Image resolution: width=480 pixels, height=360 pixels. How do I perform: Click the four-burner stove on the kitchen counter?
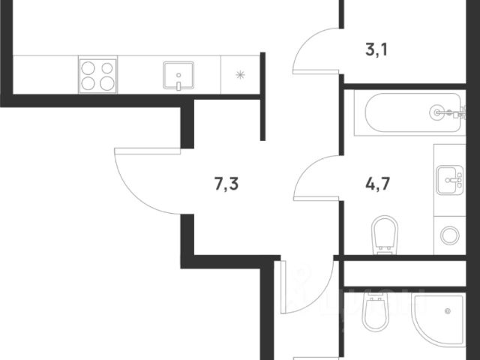(97, 75)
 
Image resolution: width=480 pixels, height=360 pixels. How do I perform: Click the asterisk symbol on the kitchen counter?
(240, 74)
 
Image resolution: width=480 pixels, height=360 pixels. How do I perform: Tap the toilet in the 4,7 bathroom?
(385, 232)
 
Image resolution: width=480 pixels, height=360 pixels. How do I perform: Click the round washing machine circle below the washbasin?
(450, 234)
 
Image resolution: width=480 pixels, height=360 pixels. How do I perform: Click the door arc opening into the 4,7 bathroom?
(315, 176)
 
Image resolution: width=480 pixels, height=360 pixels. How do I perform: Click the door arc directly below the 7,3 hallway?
(304, 289)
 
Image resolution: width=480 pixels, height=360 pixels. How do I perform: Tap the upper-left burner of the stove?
(88, 67)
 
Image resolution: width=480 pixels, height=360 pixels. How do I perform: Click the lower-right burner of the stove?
(106, 84)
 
